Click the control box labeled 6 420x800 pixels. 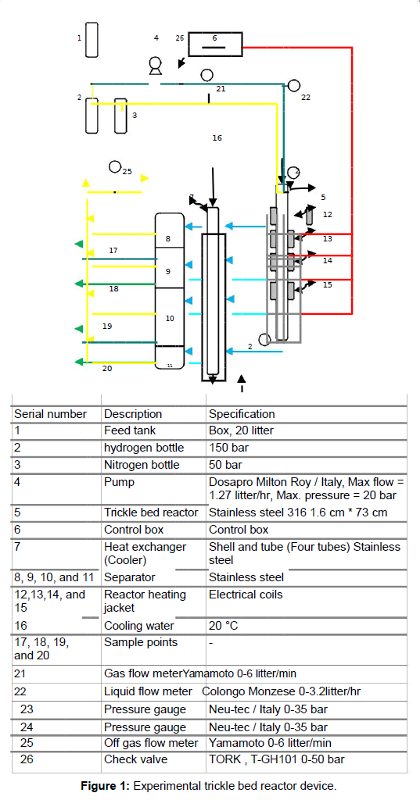point(215,44)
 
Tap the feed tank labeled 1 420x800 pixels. point(92,40)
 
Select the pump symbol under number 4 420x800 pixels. point(154,66)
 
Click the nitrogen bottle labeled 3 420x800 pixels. point(120,116)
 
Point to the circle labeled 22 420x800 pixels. point(293,85)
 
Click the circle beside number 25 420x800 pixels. point(115,167)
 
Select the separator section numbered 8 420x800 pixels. point(170,230)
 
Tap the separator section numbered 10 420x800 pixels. point(170,317)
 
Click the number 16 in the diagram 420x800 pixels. point(217,137)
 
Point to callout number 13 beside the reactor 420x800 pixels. point(328,238)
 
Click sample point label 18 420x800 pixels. point(113,289)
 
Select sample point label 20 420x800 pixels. point(107,368)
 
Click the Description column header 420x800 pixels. point(133,414)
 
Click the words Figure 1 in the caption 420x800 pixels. point(106,786)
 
